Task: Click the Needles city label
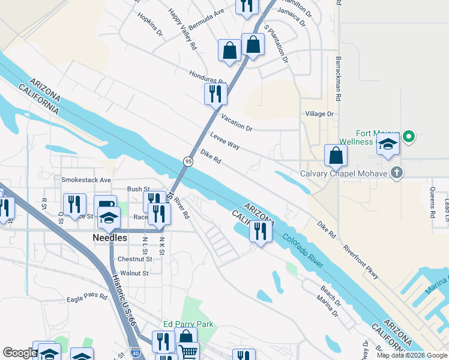coord(110,238)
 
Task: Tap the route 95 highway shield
coord(188,161)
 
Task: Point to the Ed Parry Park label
coord(188,324)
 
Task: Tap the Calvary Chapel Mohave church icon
coord(396,173)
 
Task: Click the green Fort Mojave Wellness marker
coord(409,137)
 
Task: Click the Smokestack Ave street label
coord(86,179)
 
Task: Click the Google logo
coord(19,353)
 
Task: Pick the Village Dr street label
coord(319,113)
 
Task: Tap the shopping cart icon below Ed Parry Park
coord(188,352)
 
